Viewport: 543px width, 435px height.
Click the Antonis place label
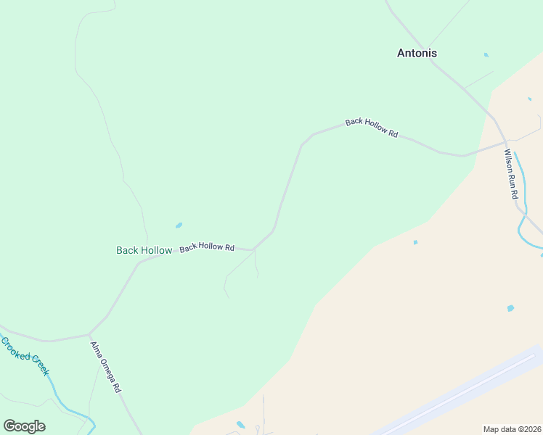point(417,53)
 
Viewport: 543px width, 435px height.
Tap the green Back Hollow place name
point(144,250)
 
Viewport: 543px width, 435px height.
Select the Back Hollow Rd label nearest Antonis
point(372,128)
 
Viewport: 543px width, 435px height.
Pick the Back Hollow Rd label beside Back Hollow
point(207,247)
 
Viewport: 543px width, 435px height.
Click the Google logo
point(24,426)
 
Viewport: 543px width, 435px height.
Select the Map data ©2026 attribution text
point(512,428)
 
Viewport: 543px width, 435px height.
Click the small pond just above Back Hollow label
point(179,225)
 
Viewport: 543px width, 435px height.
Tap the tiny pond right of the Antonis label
point(486,54)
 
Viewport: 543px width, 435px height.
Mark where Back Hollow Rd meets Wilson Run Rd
point(506,141)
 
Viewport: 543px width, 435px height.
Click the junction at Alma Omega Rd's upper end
point(89,335)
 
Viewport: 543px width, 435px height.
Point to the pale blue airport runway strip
point(465,392)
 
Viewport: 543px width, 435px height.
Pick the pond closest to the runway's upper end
point(510,308)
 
